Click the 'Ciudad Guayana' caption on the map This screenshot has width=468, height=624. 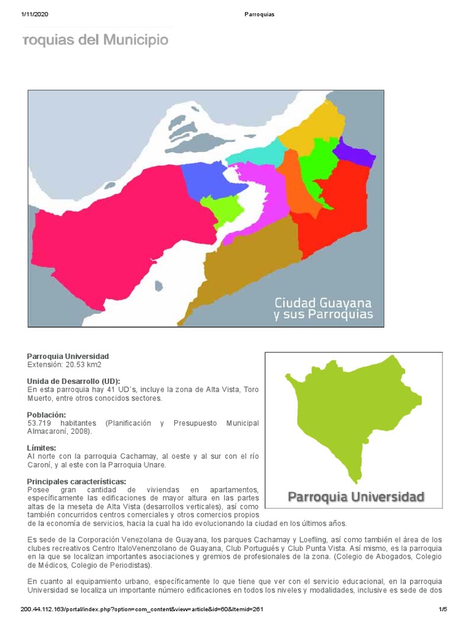click(x=323, y=302)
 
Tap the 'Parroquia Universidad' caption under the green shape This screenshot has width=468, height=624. click(x=355, y=497)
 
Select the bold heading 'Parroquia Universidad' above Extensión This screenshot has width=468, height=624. click(x=68, y=356)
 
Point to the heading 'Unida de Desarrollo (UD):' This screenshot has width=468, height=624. click(x=74, y=381)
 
